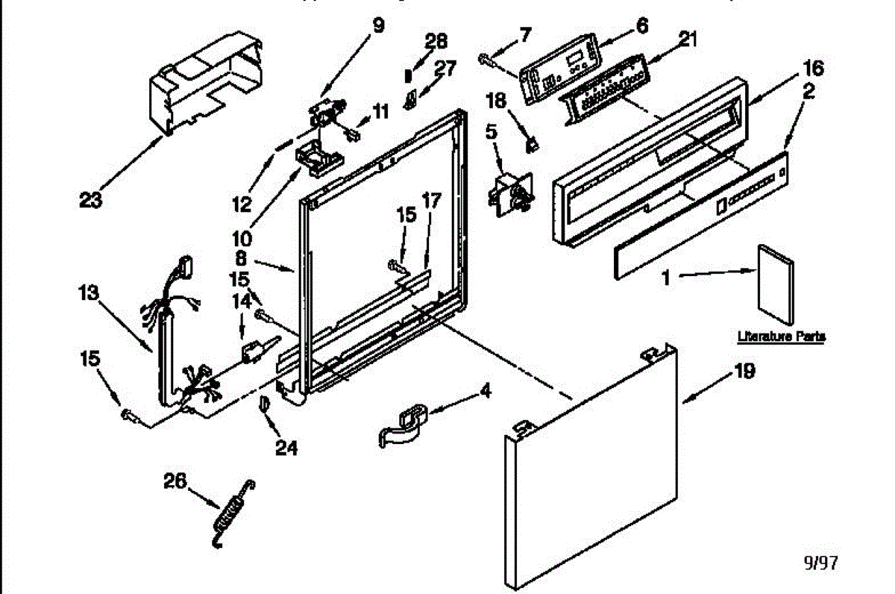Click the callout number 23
point(92,199)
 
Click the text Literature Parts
point(781,337)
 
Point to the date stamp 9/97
point(819,563)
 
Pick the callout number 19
point(745,371)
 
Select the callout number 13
point(89,293)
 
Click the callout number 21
point(687,40)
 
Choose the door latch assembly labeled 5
point(509,193)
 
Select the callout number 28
point(436,41)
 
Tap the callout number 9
point(378,25)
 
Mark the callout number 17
point(431,201)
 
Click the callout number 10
point(241,241)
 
